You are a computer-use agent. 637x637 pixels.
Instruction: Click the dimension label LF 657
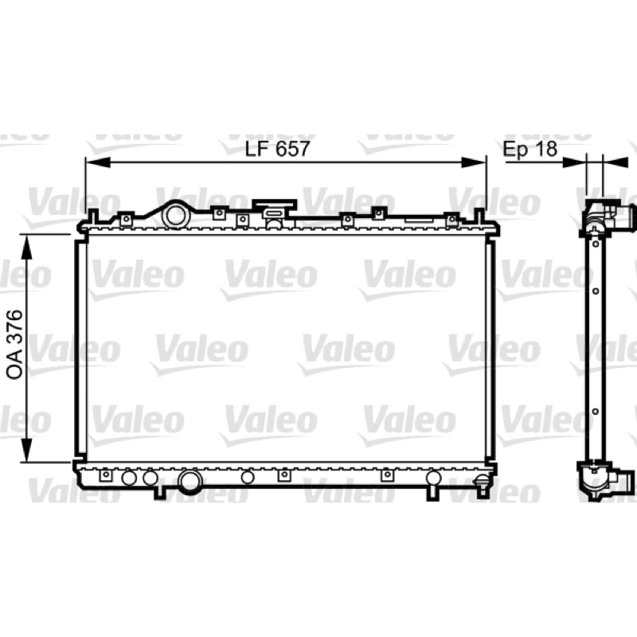277,149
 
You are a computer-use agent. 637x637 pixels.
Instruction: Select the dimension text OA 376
14,345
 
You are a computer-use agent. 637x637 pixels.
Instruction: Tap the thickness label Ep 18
530,149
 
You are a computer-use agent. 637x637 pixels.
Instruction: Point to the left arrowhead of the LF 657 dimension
98,163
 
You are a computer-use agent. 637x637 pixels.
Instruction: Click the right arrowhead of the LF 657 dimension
474,163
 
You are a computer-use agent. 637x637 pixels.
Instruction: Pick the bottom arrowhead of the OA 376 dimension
27,449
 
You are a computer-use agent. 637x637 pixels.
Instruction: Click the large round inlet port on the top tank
174,215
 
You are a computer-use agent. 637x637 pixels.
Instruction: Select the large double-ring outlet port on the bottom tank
190,482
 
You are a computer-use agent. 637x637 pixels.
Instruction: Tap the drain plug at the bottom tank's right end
482,482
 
